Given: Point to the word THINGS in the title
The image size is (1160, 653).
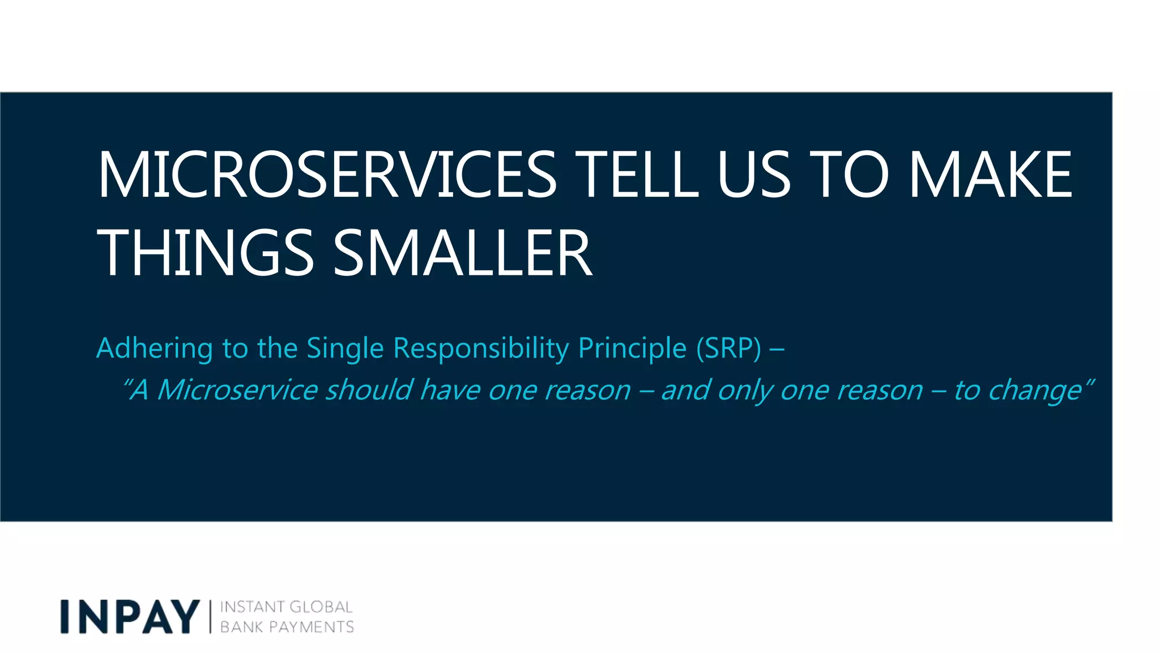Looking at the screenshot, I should pos(205,253).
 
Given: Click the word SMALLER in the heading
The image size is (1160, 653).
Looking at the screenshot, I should pos(462,253).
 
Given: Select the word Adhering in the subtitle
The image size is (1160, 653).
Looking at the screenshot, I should pos(154,348).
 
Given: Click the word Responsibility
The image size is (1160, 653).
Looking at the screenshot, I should pos(481,348).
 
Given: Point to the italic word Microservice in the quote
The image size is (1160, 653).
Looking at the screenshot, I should pos(237,390).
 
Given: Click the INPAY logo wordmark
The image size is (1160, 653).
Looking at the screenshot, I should pos(130,617).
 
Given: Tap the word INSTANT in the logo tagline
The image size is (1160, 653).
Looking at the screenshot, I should pos(251,607).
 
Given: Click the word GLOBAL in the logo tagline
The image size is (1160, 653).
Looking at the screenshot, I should pos(321,607).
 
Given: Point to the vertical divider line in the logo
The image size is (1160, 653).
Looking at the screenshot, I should pos(210,617).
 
